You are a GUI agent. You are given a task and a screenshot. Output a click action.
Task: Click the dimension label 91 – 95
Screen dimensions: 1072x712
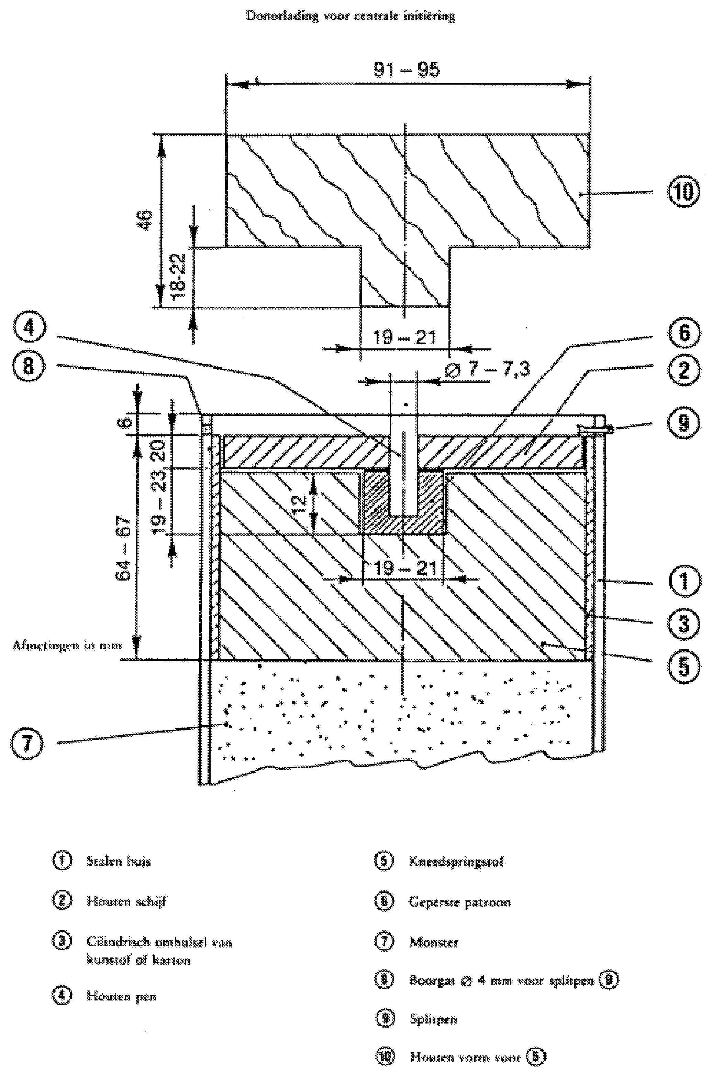coord(407,69)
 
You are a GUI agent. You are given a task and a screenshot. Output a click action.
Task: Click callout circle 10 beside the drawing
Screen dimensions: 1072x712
coord(683,193)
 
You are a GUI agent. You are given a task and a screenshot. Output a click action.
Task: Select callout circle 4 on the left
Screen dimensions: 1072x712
coord(29,327)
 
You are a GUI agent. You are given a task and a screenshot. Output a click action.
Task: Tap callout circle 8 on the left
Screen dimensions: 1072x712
coord(29,365)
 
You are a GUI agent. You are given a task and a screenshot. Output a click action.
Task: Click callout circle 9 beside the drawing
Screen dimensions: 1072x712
coord(683,423)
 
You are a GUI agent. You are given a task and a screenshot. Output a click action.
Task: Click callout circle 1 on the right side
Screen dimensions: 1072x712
coord(683,581)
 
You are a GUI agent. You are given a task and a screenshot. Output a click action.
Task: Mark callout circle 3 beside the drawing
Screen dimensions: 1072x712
coord(683,622)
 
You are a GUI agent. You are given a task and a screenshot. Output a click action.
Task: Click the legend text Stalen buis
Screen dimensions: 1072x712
coord(119,861)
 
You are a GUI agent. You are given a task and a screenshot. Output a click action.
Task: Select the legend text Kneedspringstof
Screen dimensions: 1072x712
coord(456,862)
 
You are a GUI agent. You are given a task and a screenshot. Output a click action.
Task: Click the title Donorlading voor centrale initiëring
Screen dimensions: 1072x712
coord(351,17)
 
